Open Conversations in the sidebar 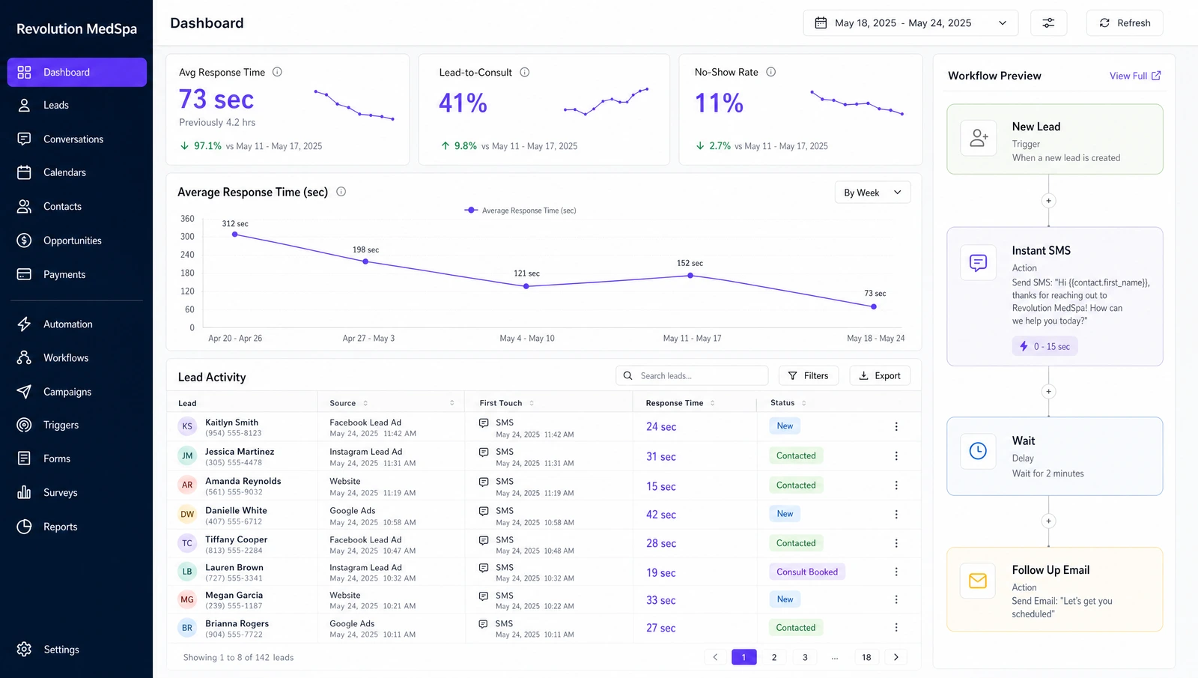point(73,139)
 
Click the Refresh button point(1124,23)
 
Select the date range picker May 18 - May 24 point(910,23)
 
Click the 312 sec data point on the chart point(235,234)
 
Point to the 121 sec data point point(526,286)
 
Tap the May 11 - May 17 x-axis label point(692,338)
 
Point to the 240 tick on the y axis point(187,255)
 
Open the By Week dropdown point(872,193)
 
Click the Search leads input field point(692,375)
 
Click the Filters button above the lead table point(808,375)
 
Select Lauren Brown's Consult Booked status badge point(807,572)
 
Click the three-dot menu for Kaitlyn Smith point(896,426)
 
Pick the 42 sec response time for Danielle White point(660,515)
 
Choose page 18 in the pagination point(866,657)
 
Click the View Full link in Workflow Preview point(1135,76)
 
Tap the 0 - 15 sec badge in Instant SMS point(1045,346)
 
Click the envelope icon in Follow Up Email point(978,581)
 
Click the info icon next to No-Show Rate point(770,72)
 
